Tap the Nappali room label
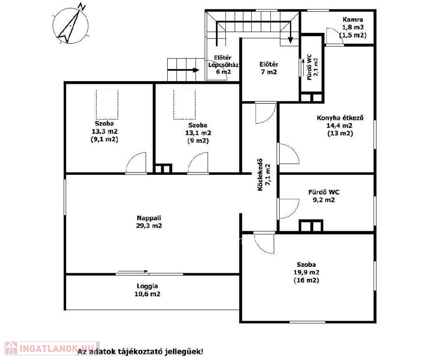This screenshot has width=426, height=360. pos(149,218)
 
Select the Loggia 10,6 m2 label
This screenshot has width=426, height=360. pos(147,290)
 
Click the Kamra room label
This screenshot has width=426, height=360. pos(352,20)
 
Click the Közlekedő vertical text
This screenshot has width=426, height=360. pos(260,174)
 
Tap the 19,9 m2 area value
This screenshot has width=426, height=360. pos(306,272)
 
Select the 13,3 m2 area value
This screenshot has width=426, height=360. pos(105,132)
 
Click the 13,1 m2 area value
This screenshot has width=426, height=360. pos(198,133)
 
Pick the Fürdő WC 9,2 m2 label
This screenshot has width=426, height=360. pos(323,196)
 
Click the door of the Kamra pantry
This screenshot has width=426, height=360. pos(335,36)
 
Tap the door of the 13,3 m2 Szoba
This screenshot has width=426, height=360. pos(136,163)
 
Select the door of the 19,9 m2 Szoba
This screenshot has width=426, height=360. pos(264,242)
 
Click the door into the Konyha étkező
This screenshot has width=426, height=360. pos(288,153)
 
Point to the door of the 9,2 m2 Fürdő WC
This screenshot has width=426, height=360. pos(288,209)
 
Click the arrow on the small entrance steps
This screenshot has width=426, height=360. pos(183,70)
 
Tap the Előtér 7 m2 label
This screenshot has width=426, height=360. pos(269,68)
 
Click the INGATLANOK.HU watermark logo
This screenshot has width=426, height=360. pos(52,348)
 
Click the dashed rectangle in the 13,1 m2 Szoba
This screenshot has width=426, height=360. pos(185,105)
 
